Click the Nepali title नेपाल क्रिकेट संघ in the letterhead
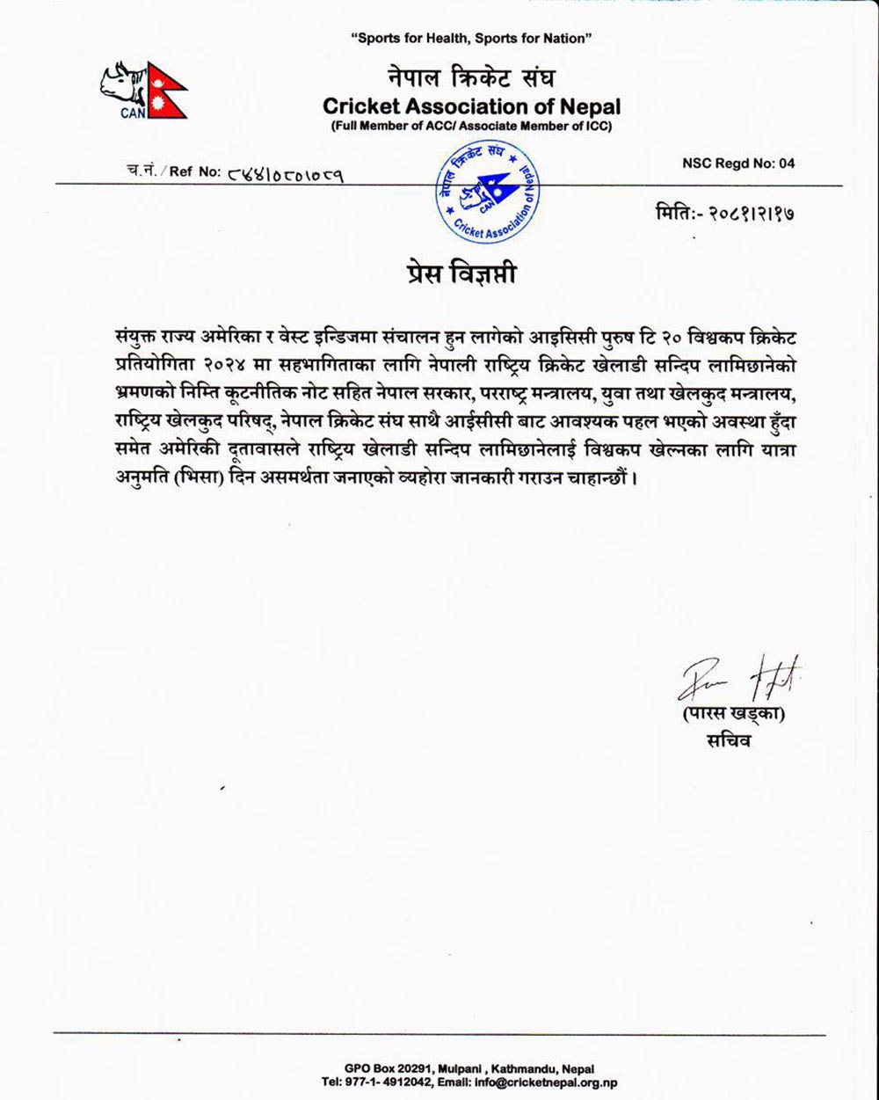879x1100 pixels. [x=471, y=77]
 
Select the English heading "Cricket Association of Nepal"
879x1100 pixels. [x=471, y=107]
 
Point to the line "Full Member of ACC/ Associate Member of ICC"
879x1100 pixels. [x=471, y=127]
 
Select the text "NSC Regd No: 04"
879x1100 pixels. [x=738, y=164]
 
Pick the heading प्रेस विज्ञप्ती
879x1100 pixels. [x=454, y=273]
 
